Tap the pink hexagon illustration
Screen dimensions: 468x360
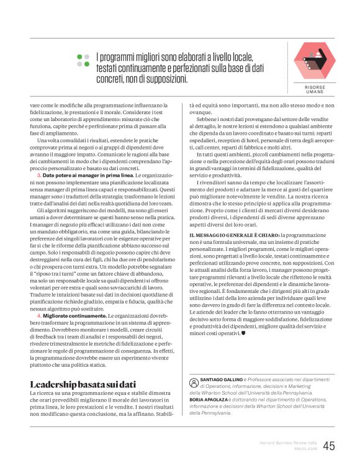click(314, 61)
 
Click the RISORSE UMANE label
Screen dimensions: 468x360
click(314, 90)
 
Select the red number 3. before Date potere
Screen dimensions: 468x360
click(39, 176)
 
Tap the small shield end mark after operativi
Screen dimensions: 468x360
click(243, 333)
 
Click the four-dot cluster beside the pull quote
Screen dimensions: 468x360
click(83, 60)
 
